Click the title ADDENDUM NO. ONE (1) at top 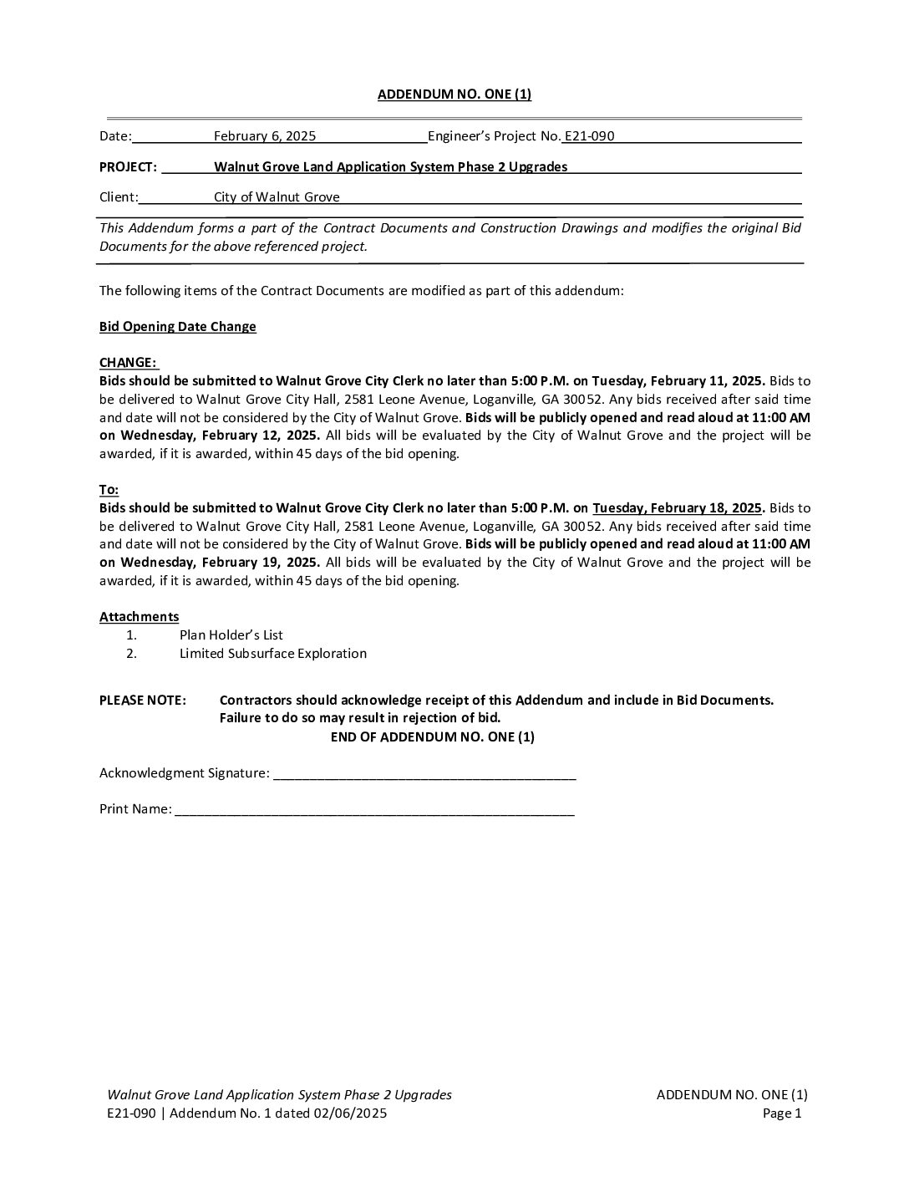454,94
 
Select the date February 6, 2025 264,136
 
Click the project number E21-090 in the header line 589,136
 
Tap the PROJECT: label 128,167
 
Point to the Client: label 119,197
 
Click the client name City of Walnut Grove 277,197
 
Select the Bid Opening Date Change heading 177,327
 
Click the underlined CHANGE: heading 128,363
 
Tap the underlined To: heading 109,490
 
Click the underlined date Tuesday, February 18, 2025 677,508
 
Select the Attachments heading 139,617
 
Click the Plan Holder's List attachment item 231,635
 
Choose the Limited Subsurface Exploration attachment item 272,654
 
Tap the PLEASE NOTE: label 142,701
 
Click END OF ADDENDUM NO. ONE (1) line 432,737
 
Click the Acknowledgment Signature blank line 424,774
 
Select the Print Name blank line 373,810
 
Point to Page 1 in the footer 782,1113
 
